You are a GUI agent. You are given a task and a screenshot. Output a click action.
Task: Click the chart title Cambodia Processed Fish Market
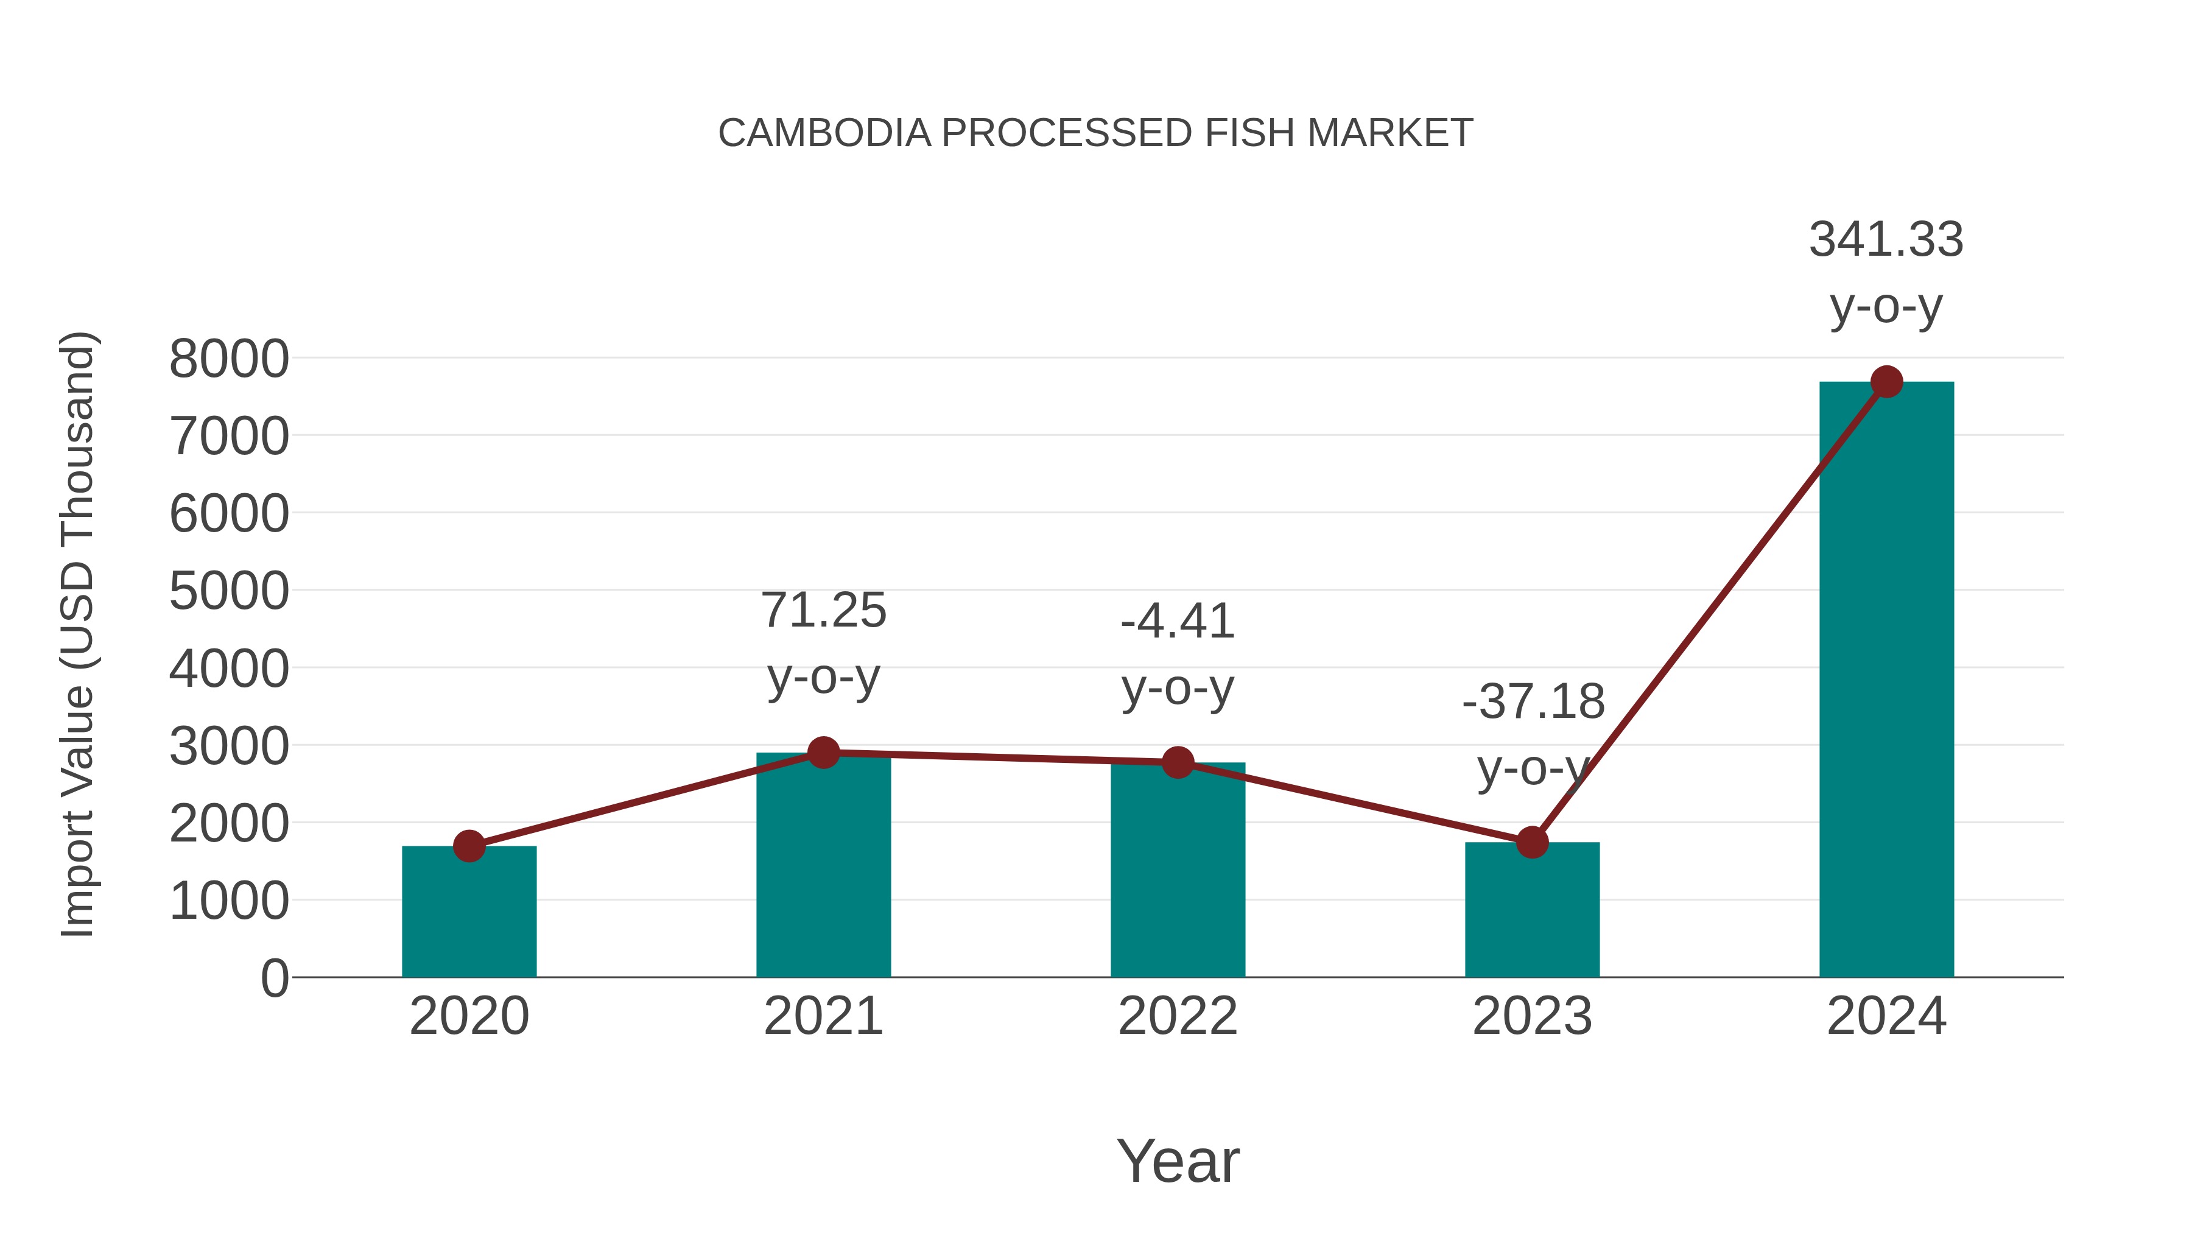click(1095, 133)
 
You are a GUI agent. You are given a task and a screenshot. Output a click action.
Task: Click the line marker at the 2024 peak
click(1886, 382)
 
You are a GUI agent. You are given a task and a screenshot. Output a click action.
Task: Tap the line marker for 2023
click(1532, 843)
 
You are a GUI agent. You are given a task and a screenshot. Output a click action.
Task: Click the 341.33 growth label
click(1886, 239)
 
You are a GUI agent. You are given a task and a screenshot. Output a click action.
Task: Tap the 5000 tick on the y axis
click(229, 591)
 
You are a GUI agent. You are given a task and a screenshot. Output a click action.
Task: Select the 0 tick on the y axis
click(274, 978)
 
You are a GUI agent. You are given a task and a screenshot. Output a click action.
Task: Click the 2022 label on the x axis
click(1178, 1016)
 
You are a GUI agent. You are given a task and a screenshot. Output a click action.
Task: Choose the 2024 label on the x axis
click(1886, 1016)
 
